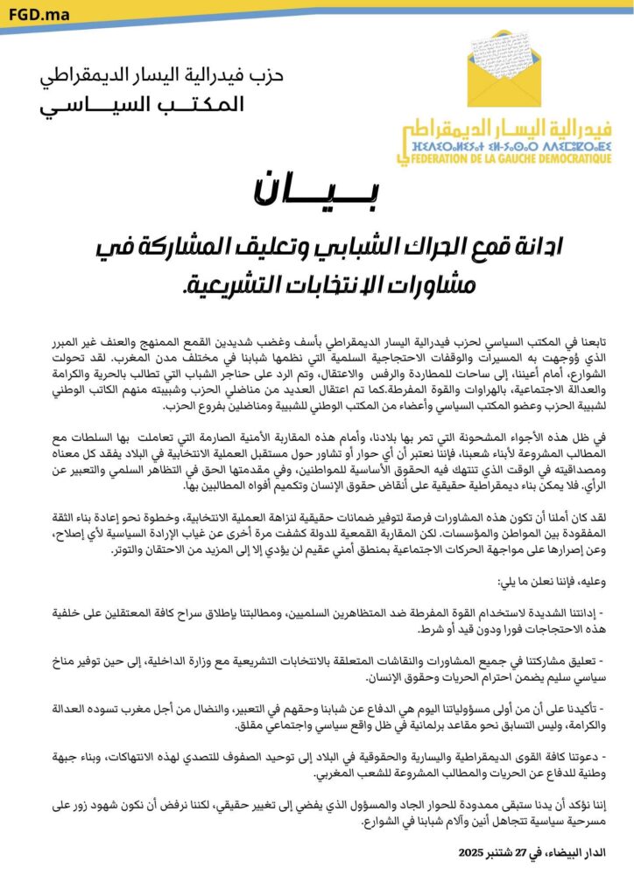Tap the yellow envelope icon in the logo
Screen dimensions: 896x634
point(504,69)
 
